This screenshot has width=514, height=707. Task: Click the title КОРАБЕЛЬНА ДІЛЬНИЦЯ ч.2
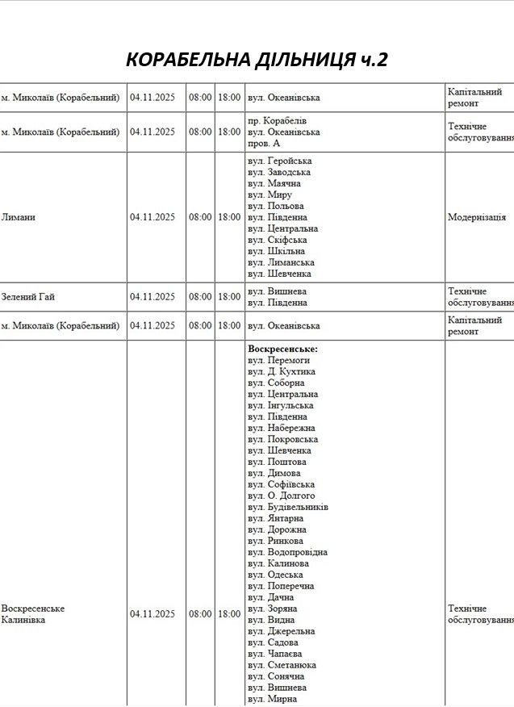click(257, 60)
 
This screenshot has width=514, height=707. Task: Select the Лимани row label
click(19, 217)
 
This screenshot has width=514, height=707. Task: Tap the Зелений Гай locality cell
click(28, 297)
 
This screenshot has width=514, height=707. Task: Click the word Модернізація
click(477, 217)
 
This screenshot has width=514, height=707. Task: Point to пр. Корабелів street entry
click(277, 120)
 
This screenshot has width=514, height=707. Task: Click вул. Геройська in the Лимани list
click(279, 161)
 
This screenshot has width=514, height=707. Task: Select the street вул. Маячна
click(275, 183)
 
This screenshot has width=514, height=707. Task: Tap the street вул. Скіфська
click(277, 240)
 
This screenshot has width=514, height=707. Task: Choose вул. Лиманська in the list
click(281, 262)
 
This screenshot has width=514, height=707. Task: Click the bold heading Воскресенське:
click(282, 349)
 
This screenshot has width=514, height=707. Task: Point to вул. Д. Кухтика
click(281, 371)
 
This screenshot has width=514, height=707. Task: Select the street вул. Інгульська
click(281, 405)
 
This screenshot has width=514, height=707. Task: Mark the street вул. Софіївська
click(281, 484)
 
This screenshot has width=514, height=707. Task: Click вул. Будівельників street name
click(287, 507)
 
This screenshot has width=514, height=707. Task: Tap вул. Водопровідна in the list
click(287, 552)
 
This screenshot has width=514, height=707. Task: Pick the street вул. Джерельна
click(281, 631)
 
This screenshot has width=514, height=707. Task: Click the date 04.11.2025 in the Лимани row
click(153, 217)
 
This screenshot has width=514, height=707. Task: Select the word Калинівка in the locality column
click(23, 620)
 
